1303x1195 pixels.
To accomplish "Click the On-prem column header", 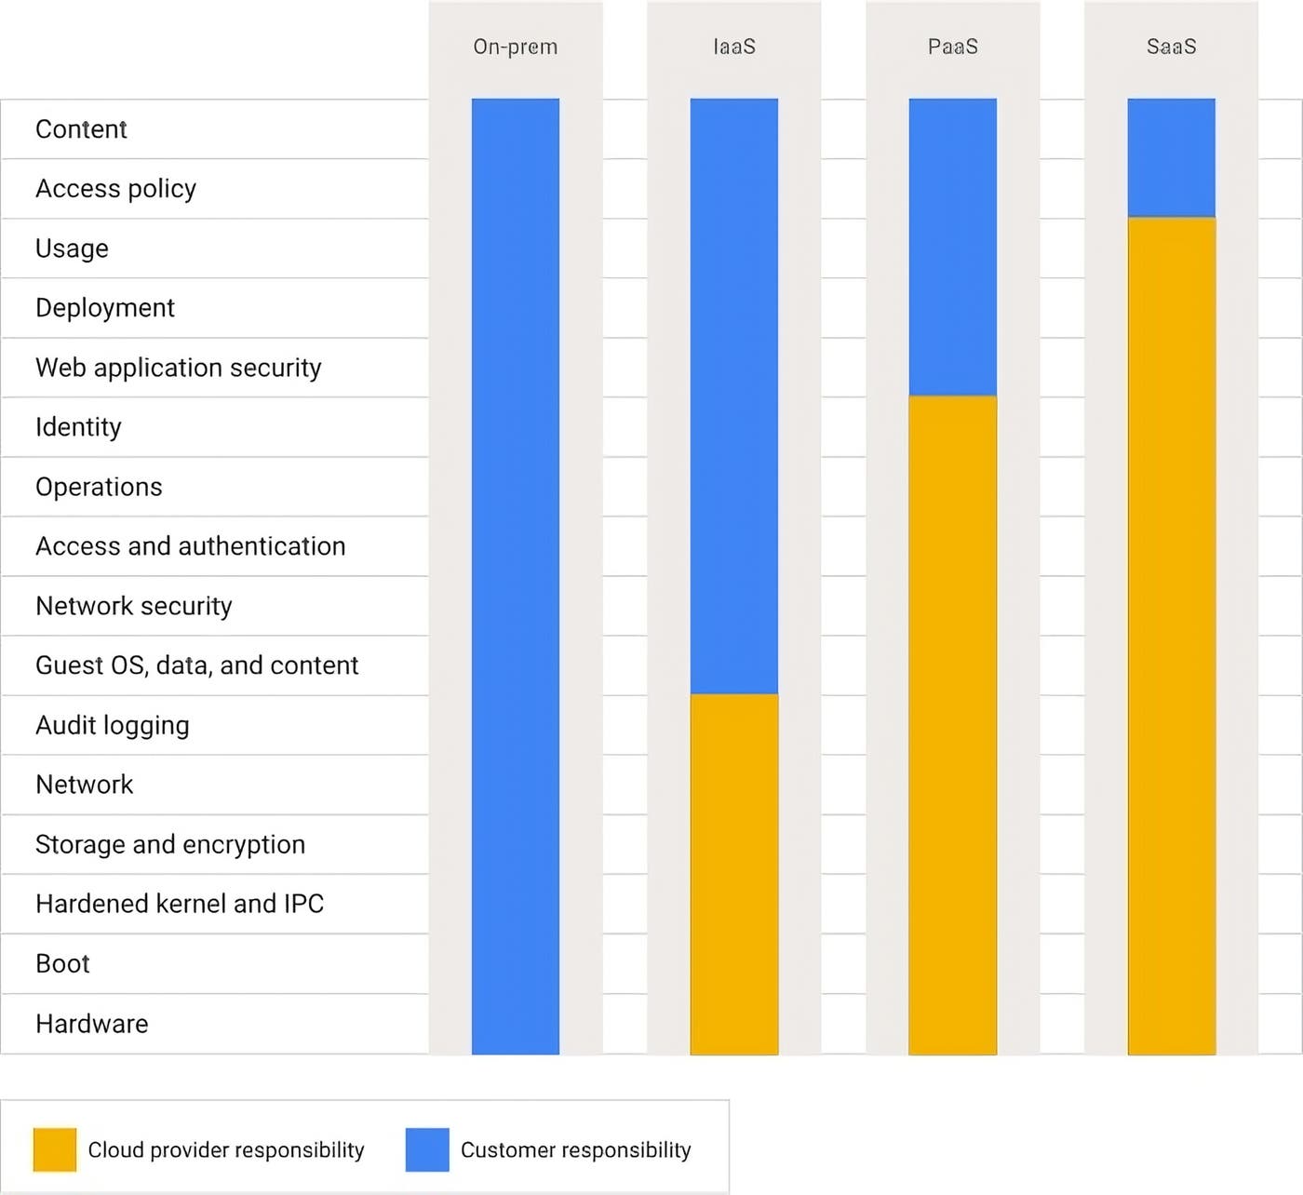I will click(x=515, y=47).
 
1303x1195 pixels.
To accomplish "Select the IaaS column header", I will click(x=734, y=47).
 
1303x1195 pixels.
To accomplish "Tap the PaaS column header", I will click(x=952, y=47).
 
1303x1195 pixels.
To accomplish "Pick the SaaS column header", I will click(x=1171, y=47).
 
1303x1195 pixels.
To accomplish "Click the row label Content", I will click(x=81, y=129).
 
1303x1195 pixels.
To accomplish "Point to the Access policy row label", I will click(x=115, y=189).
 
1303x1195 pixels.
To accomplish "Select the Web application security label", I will click(x=178, y=368).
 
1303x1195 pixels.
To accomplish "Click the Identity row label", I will click(x=78, y=427).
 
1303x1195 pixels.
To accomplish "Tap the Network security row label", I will click(x=133, y=606).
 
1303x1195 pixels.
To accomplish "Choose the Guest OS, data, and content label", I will click(x=196, y=665).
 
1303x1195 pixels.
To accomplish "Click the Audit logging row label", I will click(x=112, y=725).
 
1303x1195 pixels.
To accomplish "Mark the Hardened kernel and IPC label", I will click(x=180, y=904).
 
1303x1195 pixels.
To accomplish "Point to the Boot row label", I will click(x=62, y=963).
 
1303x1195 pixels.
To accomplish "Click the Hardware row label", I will click(x=91, y=1024).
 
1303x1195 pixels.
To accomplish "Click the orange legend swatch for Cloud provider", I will click(x=55, y=1149).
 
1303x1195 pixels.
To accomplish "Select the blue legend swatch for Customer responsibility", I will click(x=427, y=1149).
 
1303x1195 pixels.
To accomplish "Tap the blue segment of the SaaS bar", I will click(x=1171, y=157).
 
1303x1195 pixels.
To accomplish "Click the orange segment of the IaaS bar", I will click(x=734, y=874).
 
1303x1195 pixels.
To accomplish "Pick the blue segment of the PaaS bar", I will click(x=952, y=247).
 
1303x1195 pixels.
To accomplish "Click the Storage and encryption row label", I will click(x=170, y=844).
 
